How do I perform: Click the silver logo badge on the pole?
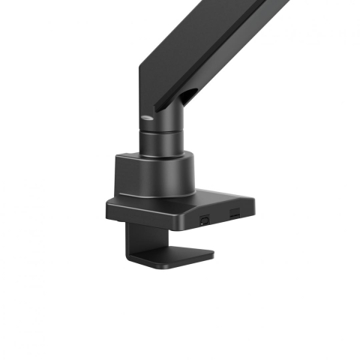pos(148,116)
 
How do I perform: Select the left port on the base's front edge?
pos(205,220)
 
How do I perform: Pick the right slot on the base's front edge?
pos(235,217)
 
